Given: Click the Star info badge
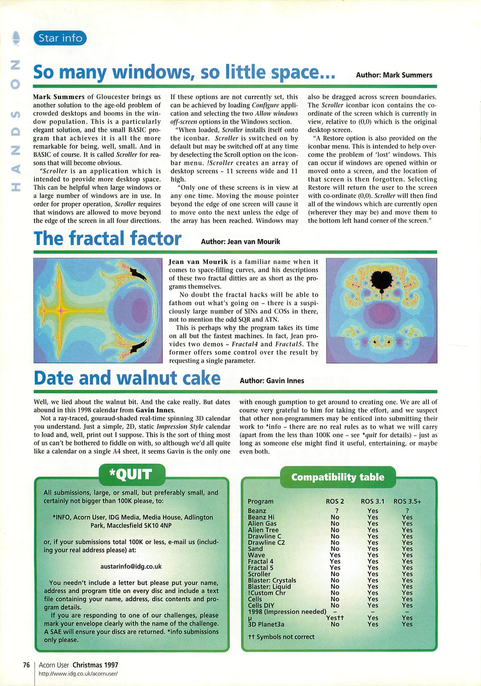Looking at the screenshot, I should tap(60, 38).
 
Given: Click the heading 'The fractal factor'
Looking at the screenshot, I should tap(107, 239).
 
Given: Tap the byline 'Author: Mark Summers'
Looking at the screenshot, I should tap(394, 75).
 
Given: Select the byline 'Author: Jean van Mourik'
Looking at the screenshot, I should tap(240, 242).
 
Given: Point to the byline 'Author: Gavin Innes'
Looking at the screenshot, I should tap(272, 381).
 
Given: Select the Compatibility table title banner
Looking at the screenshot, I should tap(338, 477).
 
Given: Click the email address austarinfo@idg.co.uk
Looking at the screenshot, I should tap(131, 566).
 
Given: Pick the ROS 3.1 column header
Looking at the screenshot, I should tap(372, 501).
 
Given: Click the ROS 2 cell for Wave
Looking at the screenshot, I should tap(335, 555).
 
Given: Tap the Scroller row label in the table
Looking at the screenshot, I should tap(259, 574).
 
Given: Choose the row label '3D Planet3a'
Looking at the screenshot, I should tap(266, 624).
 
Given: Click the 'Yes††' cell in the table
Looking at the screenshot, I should tap(335, 618).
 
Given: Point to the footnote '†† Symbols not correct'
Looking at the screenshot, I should tap(281, 637).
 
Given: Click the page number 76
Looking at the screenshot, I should tap(26, 665).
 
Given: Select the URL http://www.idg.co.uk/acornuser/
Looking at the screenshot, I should tap(78, 673).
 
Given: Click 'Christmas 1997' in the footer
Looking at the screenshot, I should tap(95, 665).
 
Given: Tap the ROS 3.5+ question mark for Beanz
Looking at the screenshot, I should tap(407, 511).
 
